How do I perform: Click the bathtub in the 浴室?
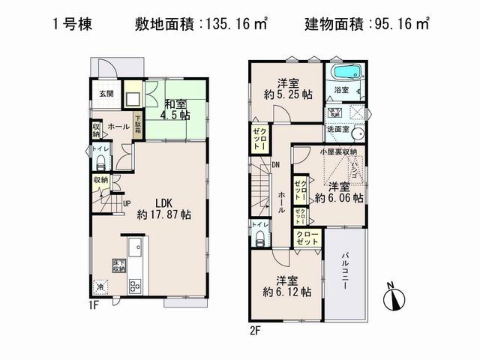tap(346, 74)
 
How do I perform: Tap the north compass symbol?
tap(393, 298)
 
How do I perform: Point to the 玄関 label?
tap(106, 94)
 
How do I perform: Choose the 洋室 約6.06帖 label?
tap(339, 192)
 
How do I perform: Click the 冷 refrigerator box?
tap(100, 286)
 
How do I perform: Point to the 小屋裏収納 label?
tap(337, 151)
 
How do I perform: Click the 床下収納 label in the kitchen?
tap(118, 263)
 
